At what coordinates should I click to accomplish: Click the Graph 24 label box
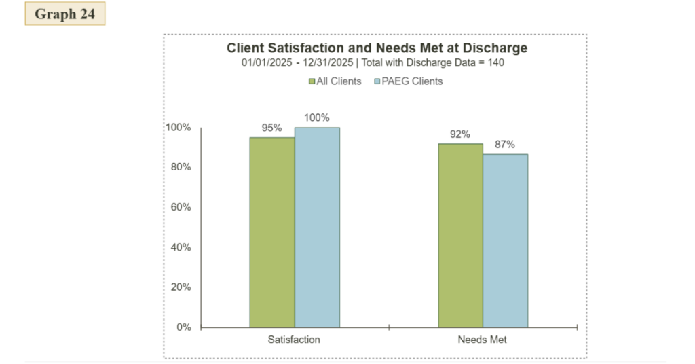pyautogui.click(x=65, y=14)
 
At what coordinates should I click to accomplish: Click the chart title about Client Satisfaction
pyautogui.click(x=377, y=48)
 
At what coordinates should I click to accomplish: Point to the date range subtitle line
pyautogui.click(x=373, y=62)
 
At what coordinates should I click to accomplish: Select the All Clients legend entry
pyautogui.click(x=335, y=81)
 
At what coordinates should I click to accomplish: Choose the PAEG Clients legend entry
pyautogui.click(x=408, y=81)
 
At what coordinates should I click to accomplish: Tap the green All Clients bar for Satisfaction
pyautogui.click(x=271, y=232)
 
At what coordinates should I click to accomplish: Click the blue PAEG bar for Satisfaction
pyautogui.click(x=317, y=227)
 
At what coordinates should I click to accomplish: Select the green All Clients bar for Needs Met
pyautogui.click(x=460, y=236)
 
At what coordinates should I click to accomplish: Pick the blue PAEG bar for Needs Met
pyautogui.click(x=505, y=240)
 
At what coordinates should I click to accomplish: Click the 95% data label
pyautogui.click(x=271, y=128)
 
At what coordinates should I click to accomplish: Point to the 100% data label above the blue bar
pyautogui.click(x=317, y=117)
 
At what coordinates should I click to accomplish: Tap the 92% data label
pyautogui.click(x=460, y=134)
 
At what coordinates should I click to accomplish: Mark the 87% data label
pyautogui.click(x=505, y=144)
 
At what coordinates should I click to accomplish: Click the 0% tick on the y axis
pyautogui.click(x=183, y=327)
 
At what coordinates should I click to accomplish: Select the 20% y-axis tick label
pyautogui.click(x=181, y=287)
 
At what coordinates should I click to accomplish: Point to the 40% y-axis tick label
pyautogui.click(x=181, y=247)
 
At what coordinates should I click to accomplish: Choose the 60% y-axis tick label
pyautogui.click(x=181, y=207)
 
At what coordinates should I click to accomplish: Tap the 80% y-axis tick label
pyautogui.click(x=181, y=167)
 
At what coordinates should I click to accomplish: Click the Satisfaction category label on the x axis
pyautogui.click(x=294, y=339)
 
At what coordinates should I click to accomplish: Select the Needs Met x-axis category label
pyautogui.click(x=483, y=339)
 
